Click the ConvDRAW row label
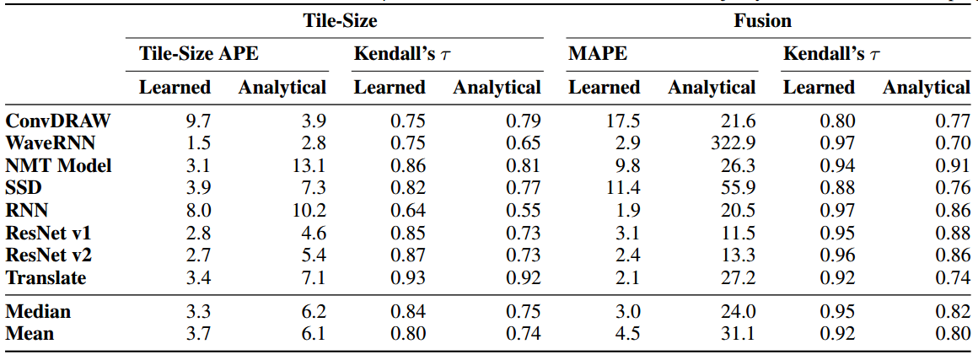[58, 121]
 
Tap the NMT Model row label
[58, 165]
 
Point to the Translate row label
[46, 277]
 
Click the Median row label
[38, 311]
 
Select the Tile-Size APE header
[199, 54]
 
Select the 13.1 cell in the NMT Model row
[309, 165]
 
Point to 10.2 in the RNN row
[309, 210]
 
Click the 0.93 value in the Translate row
[408, 277]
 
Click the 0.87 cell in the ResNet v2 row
[408, 255]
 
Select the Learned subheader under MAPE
[604, 87]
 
